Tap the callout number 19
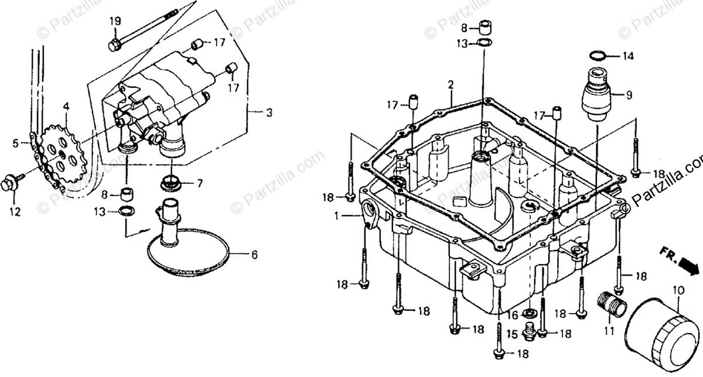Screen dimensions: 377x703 point(115,21)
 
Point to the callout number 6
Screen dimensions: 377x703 point(254,255)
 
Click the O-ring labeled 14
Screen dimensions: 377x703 point(596,56)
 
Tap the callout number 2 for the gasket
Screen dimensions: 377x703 point(451,85)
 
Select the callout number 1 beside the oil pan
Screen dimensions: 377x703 point(337,216)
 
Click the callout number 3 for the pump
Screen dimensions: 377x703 point(269,113)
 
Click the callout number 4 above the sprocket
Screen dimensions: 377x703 point(66,107)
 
